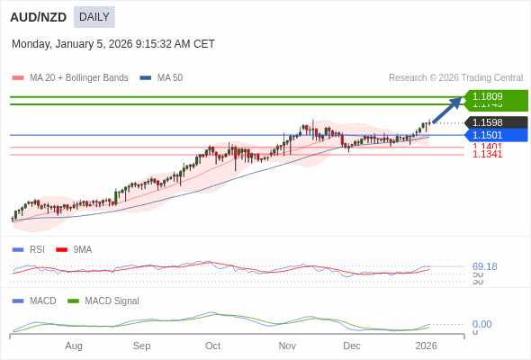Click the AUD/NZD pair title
click(38, 17)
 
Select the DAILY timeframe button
click(94, 17)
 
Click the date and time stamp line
click(113, 44)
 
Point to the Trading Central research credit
click(455, 78)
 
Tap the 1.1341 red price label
click(487, 155)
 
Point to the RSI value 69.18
click(484, 266)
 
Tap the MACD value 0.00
click(481, 324)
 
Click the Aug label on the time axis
click(74, 346)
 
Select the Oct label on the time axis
click(212, 346)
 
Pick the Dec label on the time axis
click(352, 346)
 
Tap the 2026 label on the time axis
click(426, 346)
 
